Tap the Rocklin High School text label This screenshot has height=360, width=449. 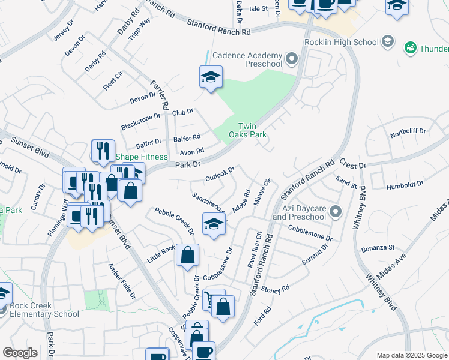pyautogui.click(x=341, y=43)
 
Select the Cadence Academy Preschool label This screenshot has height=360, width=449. pyautogui.click(x=247, y=59)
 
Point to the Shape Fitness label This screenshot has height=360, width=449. pyautogui.click(x=141, y=157)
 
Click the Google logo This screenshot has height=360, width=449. pyautogui.click(x=20, y=353)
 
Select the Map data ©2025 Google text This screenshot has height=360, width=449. pyautogui.click(x=411, y=355)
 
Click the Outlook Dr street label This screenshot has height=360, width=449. pyautogui.click(x=219, y=175)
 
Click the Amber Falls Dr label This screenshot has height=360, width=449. pyautogui.click(x=121, y=281)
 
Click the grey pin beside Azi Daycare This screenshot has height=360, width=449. pyautogui.click(x=335, y=211)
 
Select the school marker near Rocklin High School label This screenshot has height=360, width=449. pyautogui.click(x=388, y=42)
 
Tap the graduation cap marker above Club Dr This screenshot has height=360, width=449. pyautogui.click(x=211, y=77)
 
